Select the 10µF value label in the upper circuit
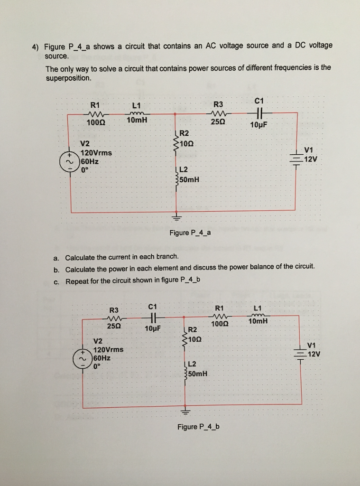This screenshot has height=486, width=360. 258,125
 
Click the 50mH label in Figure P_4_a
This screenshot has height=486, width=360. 189,179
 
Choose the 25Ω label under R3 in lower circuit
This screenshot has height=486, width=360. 113,326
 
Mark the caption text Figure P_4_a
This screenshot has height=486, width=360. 190,233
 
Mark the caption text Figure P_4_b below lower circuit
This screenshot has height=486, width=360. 198,427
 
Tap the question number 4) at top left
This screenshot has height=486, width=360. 36,47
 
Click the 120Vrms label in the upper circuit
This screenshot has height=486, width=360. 96,153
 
